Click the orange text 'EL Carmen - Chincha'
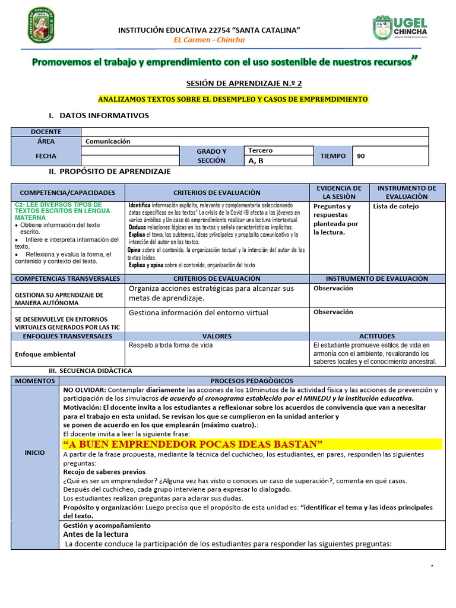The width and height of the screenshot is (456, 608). pos(209,40)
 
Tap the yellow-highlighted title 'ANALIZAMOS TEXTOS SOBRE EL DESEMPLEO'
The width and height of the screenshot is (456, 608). pos(232,99)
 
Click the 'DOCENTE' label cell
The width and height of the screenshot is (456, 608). pos(46,132)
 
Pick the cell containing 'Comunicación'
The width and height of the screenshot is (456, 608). pos(108,141)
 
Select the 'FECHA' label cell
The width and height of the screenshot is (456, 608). pos(46,156)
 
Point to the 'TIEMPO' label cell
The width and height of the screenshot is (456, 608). pos(332,156)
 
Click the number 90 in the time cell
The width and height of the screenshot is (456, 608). pos(361,156)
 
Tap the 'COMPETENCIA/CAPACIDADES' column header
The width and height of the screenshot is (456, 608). pos(68,193)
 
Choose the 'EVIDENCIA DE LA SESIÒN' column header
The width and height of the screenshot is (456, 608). pos(339,192)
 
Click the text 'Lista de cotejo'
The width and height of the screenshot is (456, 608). pos(396,207)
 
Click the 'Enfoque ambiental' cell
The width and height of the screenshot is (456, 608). pos(45,354)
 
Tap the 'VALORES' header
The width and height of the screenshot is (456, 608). pos(217,336)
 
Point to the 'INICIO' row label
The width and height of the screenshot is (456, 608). pos(34,452)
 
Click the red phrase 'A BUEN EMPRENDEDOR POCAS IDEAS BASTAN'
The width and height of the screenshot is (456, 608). pos(193,445)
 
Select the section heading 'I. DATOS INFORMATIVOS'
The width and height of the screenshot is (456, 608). pos(99,116)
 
